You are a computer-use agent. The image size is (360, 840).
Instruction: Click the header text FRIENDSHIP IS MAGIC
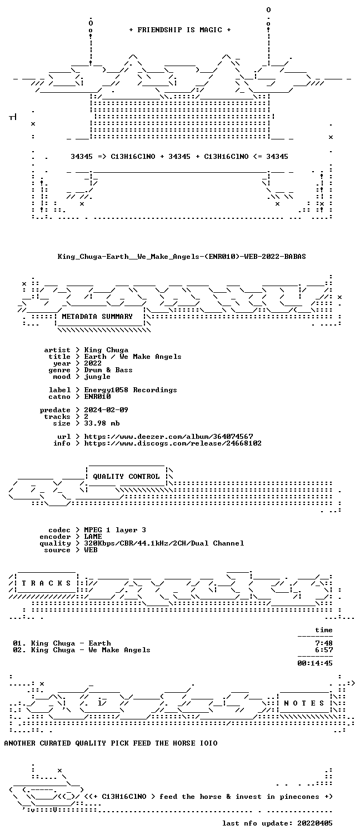click(x=179, y=30)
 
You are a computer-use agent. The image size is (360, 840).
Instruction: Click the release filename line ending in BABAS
click(x=182, y=257)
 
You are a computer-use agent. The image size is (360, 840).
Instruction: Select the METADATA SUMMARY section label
click(x=97, y=317)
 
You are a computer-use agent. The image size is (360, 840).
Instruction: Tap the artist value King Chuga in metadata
click(x=106, y=350)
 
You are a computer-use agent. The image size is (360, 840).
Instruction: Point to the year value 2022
click(x=93, y=363)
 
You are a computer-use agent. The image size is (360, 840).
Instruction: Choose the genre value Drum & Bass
click(x=108, y=370)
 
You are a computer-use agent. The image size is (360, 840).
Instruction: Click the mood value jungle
click(x=97, y=377)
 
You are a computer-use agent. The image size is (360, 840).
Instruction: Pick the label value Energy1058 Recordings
click(x=131, y=390)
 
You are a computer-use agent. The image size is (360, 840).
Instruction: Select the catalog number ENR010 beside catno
click(x=97, y=397)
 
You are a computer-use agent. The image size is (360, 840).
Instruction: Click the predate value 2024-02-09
click(x=106, y=410)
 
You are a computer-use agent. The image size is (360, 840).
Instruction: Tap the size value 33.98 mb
click(x=102, y=423)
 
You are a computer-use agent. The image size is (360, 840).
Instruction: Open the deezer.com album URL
click(x=168, y=437)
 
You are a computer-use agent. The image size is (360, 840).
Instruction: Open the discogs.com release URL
click(x=173, y=443)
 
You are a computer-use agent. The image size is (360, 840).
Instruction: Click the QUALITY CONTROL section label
click(x=126, y=477)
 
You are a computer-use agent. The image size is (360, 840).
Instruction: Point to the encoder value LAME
click(x=93, y=537)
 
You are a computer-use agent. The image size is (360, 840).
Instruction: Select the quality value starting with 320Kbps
click(x=164, y=543)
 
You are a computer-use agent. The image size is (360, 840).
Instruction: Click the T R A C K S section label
click(x=46, y=583)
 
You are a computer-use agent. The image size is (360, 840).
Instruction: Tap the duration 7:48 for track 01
click(x=324, y=643)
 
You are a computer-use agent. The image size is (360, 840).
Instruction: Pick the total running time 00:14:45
click(x=315, y=663)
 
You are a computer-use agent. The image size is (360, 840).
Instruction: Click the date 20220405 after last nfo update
click(x=315, y=823)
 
